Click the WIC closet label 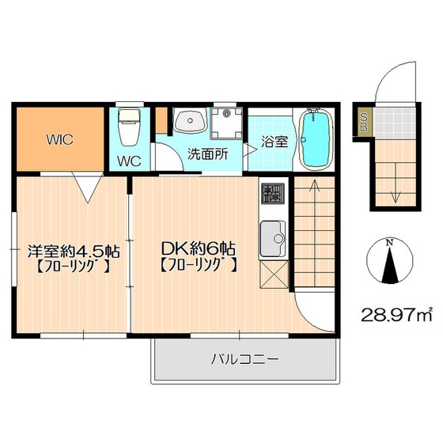(x=59, y=141)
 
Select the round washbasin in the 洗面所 (x=188, y=122)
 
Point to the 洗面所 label (x=207, y=153)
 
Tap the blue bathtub (x=316, y=140)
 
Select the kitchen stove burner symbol (x=274, y=192)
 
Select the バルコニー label (x=244, y=359)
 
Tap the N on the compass (x=388, y=244)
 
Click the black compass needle (x=388, y=265)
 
